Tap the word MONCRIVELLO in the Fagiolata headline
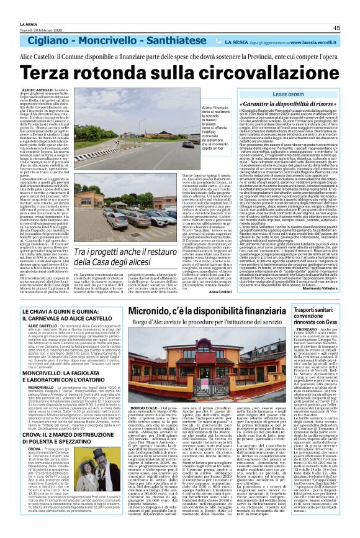(x=46, y=380)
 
